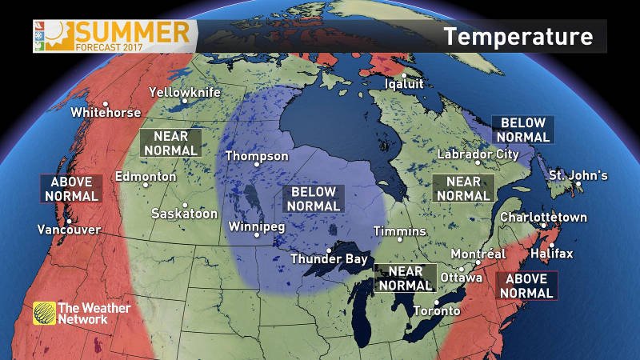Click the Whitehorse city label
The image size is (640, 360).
click(x=106, y=113)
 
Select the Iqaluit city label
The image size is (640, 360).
click(x=404, y=83)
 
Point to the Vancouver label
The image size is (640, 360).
click(x=69, y=230)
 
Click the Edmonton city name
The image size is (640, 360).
click(x=146, y=177)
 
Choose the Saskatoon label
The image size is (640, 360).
click(x=184, y=214)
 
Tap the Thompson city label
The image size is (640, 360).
click(x=256, y=156)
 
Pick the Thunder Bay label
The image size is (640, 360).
click(x=329, y=259)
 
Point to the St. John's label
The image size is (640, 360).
click(x=578, y=176)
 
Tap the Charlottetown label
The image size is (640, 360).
click(x=543, y=218)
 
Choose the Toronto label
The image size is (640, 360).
click(x=436, y=310)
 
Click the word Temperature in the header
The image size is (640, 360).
click(x=518, y=36)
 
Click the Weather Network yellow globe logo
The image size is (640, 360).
click(x=44, y=313)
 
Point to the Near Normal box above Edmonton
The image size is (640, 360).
click(x=170, y=143)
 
